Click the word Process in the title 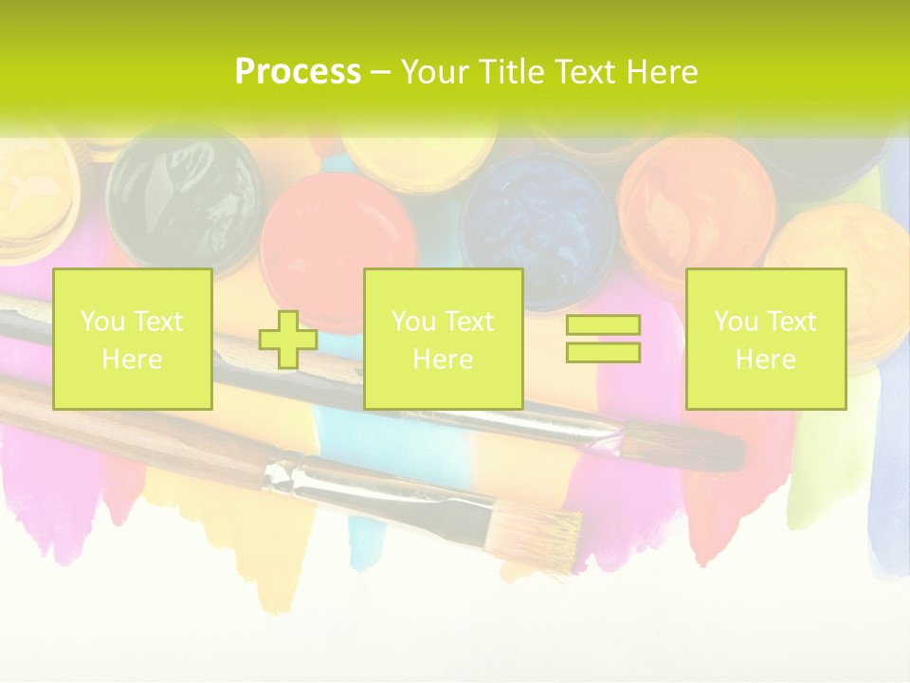pyautogui.click(x=298, y=72)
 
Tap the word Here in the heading pyautogui.click(x=662, y=72)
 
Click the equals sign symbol pyautogui.click(x=603, y=340)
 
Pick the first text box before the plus pyautogui.click(x=133, y=340)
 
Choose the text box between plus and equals pyautogui.click(x=444, y=340)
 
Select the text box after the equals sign pyautogui.click(x=766, y=340)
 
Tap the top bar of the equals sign pyautogui.click(x=603, y=325)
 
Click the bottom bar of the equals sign pyautogui.click(x=603, y=353)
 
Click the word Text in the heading pyautogui.click(x=586, y=72)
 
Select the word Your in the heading pyautogui.click(x=435, y=72)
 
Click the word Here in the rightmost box pyautogui.click(x=766, y=360)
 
